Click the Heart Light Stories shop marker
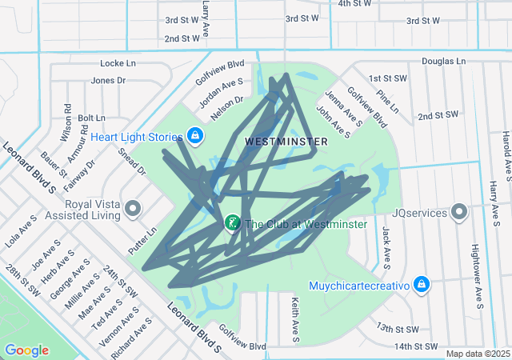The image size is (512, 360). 194,136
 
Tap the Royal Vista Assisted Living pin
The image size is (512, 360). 134,210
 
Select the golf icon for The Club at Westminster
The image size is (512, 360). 232,223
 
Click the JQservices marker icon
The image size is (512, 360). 459,214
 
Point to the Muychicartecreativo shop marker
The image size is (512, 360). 422,285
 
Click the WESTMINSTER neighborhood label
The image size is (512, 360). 286,142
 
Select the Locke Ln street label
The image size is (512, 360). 118,62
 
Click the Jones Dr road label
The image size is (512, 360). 109,80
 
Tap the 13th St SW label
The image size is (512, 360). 398,329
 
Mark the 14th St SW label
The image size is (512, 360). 417,346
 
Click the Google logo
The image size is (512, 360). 26,350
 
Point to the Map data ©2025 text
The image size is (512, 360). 477,354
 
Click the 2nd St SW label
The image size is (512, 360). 438,116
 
